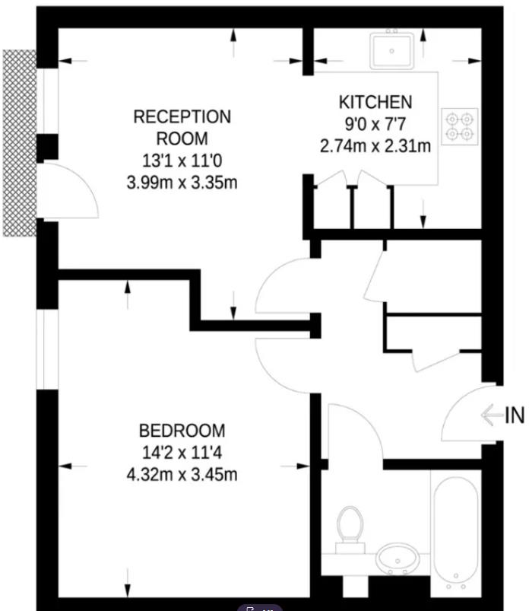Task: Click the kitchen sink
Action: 392,50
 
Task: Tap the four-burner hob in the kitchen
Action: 460,126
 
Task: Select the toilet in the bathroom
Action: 350,526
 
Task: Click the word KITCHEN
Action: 375,102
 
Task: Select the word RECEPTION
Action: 182,117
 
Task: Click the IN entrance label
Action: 514,415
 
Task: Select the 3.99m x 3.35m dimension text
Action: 182,182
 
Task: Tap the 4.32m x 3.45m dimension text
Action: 182,475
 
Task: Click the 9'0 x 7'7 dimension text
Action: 375,123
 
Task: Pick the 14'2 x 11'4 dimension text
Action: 182,453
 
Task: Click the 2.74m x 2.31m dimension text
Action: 375,145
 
